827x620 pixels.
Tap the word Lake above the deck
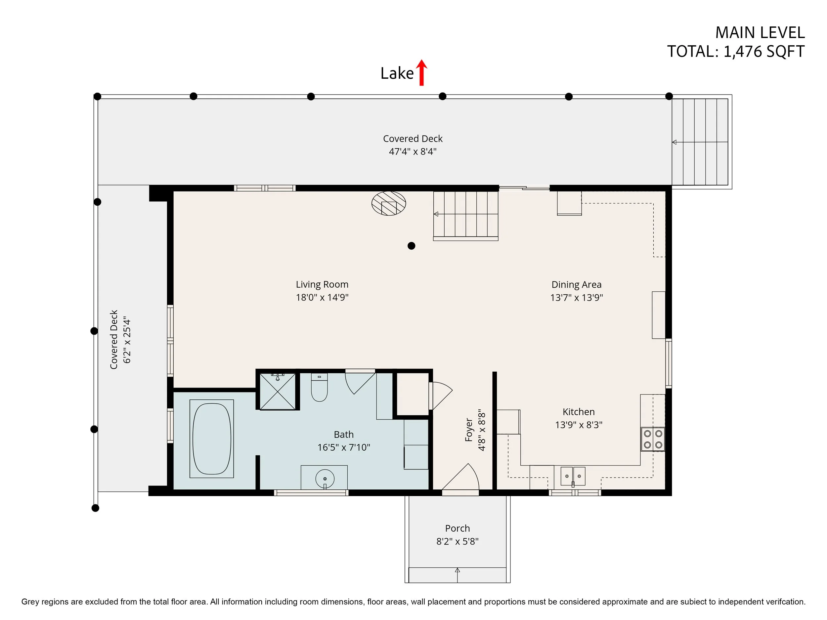tap(397, 73)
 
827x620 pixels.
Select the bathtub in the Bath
tap(212, 438)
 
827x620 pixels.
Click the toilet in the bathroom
tap(319, 387)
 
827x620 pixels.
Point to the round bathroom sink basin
tap(325, 478)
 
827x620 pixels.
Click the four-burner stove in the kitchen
tap(653, 439)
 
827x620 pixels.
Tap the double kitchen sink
tap(573, 476)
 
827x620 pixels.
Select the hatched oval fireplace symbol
tap(389, 204)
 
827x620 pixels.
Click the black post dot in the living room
tap(411, 246)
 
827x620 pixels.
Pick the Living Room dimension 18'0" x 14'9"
tap(322, 298)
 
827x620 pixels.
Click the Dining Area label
tap(577, 285)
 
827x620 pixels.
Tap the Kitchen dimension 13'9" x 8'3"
tap(579, 425)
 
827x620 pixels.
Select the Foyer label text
tap(469, 430)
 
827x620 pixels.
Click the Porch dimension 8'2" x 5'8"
tap(457, 542)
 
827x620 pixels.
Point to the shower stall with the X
tap(278, 391)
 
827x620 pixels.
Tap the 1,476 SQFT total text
tap(764, 52)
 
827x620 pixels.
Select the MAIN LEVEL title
tap(760, 33)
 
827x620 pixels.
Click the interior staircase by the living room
tap(466, 215)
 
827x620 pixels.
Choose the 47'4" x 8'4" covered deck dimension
tap(413, 152)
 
